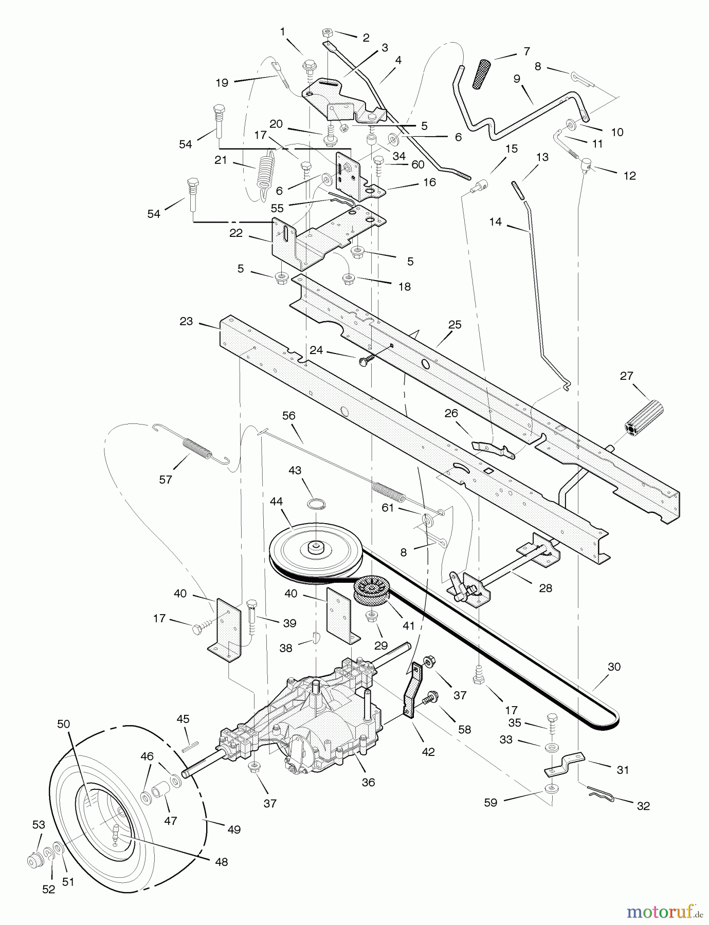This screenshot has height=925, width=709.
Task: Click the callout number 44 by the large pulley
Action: (276, 501)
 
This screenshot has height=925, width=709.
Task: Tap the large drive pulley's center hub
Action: (315, 548)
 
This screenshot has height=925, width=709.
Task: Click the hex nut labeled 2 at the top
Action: (326, 34)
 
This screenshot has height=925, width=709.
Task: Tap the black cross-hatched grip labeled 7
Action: (482, 73)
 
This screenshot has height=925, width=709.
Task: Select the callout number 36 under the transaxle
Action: (368, 783)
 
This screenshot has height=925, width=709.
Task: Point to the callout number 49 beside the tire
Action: (234, 829)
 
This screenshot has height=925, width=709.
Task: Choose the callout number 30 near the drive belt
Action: (614, 667)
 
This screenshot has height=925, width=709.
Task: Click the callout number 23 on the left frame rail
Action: (186, 321)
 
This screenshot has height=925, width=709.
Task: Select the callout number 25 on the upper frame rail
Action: (455, 325)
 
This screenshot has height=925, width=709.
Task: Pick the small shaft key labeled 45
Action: (189, 743)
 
